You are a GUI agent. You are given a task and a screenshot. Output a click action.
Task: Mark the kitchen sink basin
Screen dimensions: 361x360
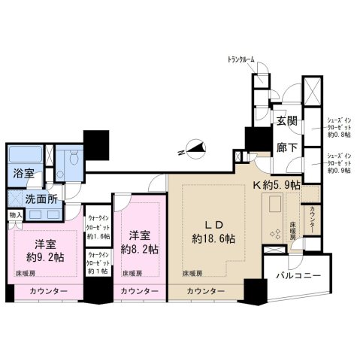pyautogui.click(x=273, y=203)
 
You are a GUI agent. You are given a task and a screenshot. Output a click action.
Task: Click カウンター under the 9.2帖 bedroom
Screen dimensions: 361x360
pyautogui.click(x=49, y=292)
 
